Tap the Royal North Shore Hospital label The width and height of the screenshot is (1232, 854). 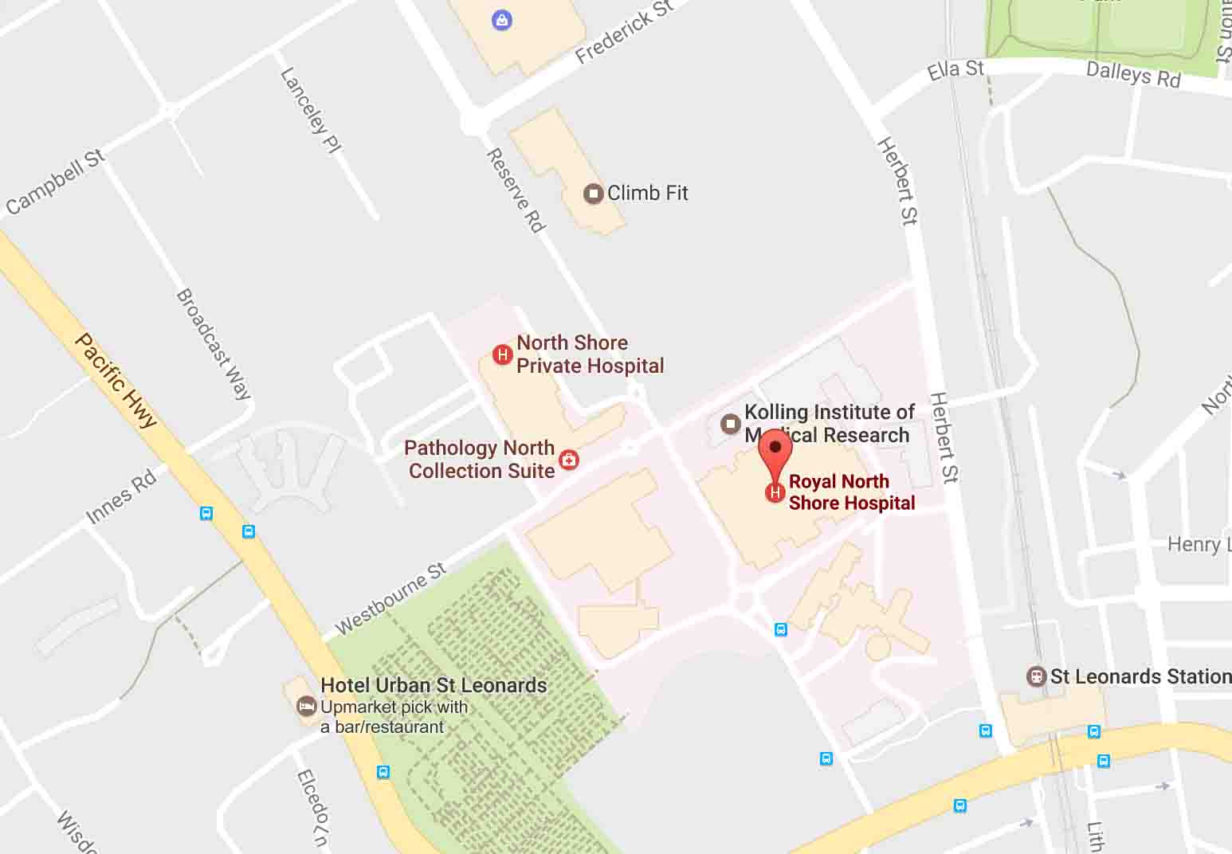(851, 492)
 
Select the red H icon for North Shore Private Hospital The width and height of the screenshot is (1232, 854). (502, 355)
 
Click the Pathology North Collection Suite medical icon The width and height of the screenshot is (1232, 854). (569, 460)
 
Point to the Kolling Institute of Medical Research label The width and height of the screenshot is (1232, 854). (829, 423)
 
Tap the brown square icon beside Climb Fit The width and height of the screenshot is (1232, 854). (593, 194)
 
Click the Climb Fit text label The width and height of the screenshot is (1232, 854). (647, 193)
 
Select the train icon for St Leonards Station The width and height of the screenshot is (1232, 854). (1036, 677)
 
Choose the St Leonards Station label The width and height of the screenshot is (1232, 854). (1140, 676)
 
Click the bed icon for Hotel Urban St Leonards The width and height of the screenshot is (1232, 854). (305, 706)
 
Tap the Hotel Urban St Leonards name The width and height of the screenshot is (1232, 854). (434, 685)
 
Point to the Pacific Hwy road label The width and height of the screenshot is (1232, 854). (116, 381)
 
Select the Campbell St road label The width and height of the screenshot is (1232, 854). (56, 182)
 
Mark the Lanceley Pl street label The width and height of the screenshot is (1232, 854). (310, 110)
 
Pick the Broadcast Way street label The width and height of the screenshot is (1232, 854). (213, 343)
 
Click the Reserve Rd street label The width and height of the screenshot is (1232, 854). (516, 190)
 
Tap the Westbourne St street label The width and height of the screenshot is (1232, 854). (390, 598)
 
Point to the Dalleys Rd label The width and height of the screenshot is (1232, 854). (1132, 74)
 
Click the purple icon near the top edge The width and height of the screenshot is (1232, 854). (501, 20)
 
